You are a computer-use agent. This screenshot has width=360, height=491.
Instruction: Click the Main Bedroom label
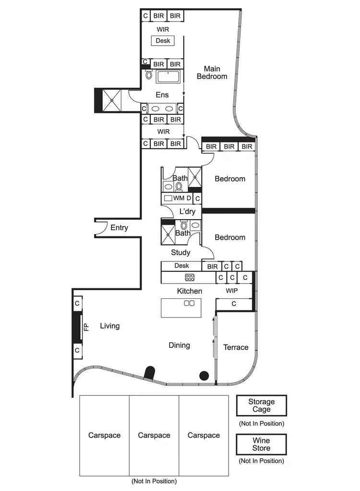212,73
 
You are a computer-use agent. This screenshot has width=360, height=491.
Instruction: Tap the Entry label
119,228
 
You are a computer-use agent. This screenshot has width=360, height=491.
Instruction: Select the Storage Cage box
262,405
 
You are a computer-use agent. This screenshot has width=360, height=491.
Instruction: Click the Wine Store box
262,444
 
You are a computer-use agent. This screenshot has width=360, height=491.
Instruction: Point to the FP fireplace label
86,327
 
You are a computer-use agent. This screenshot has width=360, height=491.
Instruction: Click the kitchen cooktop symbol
190,277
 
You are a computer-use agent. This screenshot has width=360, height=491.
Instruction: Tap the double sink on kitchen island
189,303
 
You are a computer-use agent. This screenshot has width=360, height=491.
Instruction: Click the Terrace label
236,347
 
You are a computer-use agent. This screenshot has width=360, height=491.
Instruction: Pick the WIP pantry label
232,291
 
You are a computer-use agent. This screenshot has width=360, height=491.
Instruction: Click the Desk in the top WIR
163,41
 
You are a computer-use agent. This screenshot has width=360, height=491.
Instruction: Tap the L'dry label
187,211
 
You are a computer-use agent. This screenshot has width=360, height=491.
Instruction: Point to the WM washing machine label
179,198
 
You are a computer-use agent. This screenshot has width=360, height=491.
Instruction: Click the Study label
180,252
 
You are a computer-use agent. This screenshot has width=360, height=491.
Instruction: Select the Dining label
179,345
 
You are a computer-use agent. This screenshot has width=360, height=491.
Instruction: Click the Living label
109,326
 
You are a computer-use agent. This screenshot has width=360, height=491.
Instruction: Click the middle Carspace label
154,435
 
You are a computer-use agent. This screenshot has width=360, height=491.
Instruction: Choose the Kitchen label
190,291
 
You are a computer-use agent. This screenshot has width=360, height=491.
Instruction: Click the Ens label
162,95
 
